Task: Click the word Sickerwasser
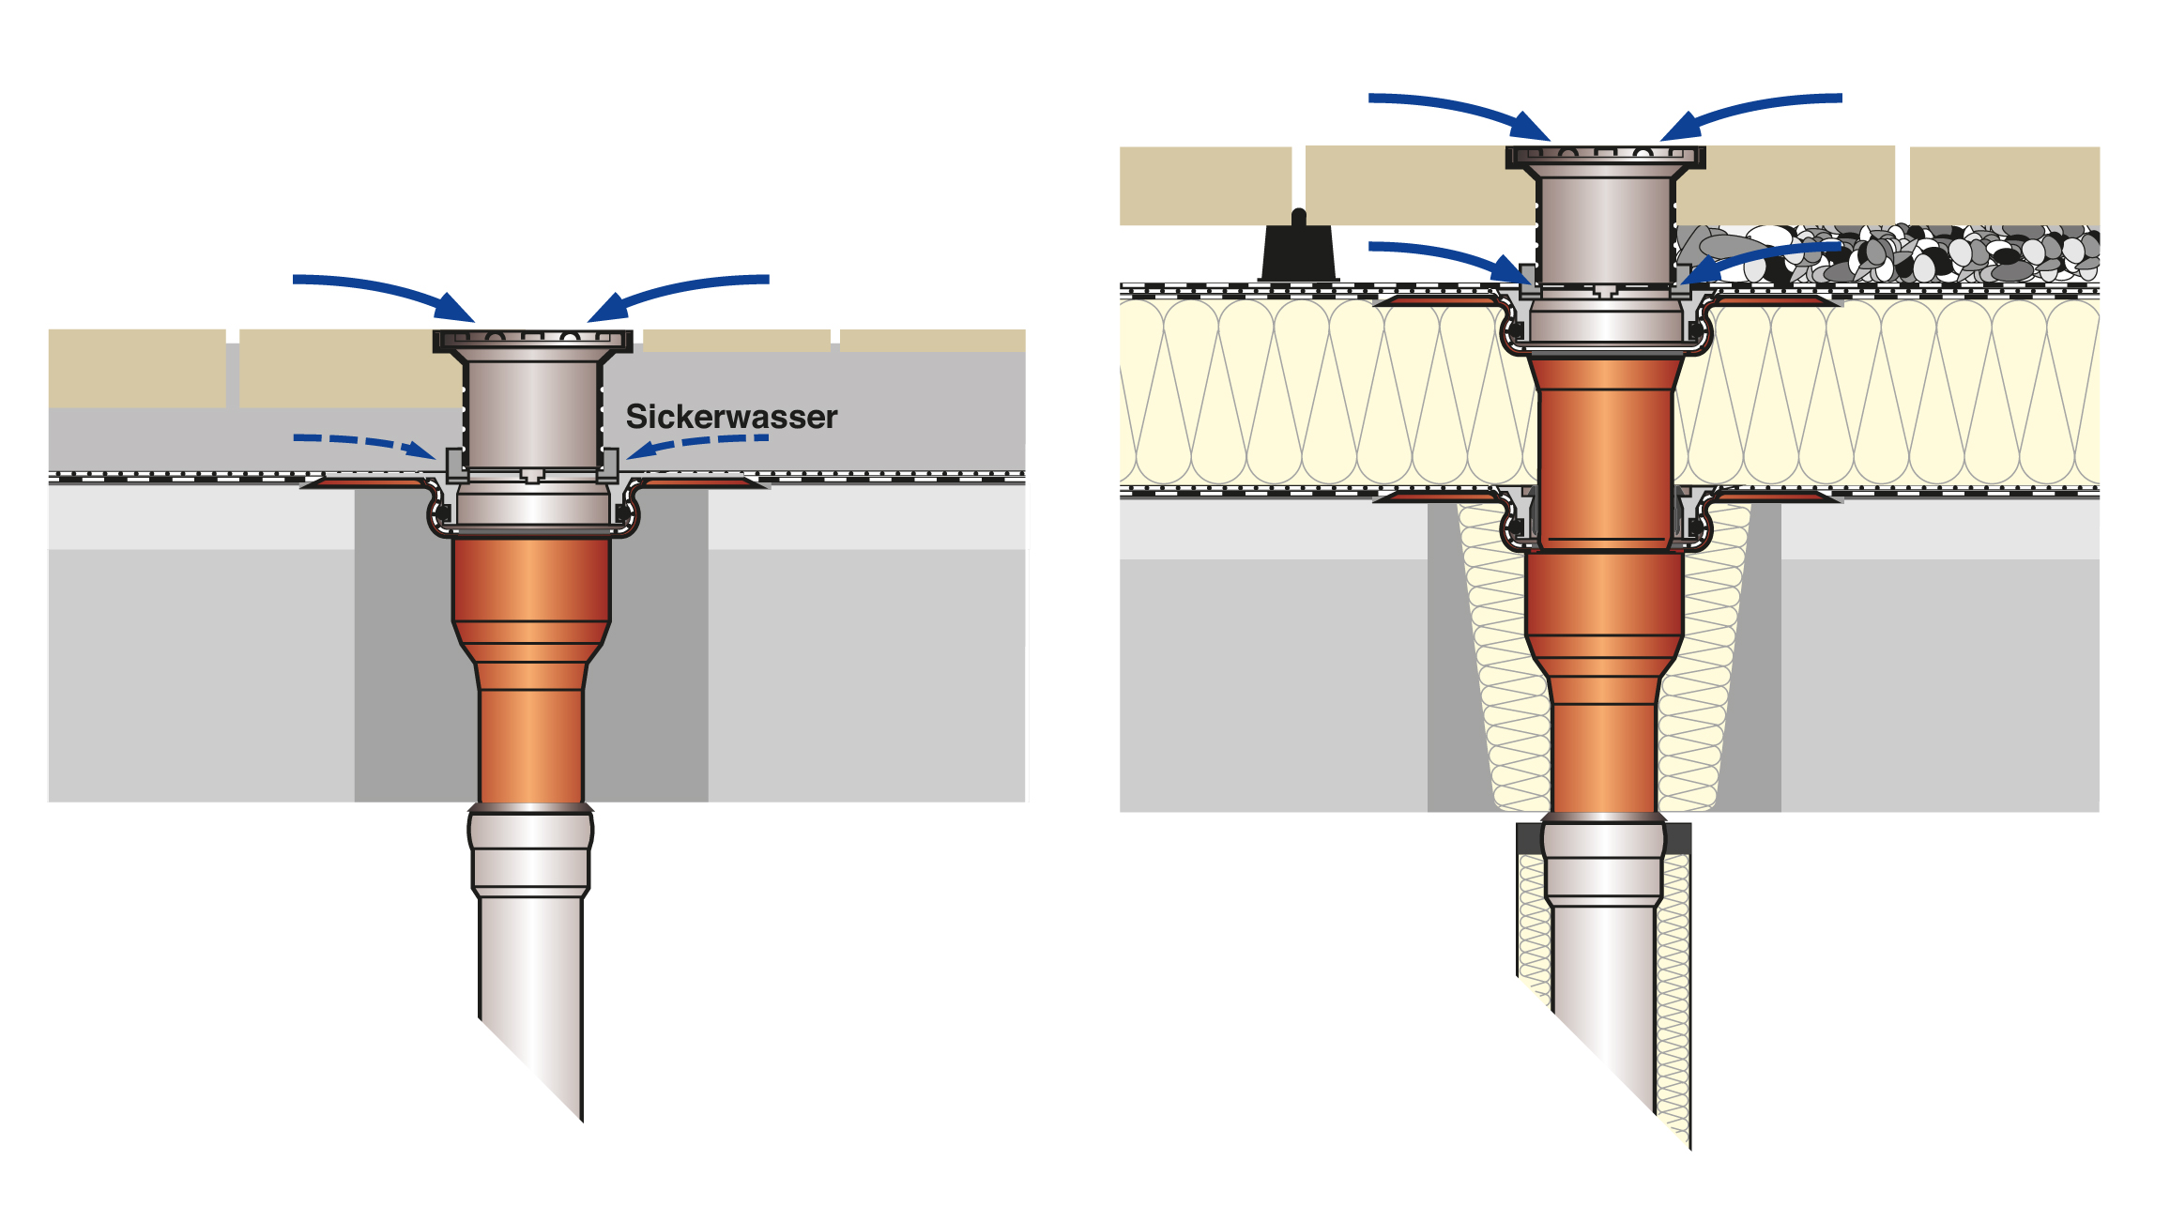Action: (731, 417)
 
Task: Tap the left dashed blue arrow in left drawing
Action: (361, 441)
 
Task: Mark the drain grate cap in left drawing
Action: (532, 339)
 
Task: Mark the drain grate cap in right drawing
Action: (1605, 156)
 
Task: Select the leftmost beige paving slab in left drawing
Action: (137, 367)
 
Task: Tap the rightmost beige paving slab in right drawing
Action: (2004, 185)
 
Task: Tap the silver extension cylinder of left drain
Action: (532, 413)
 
